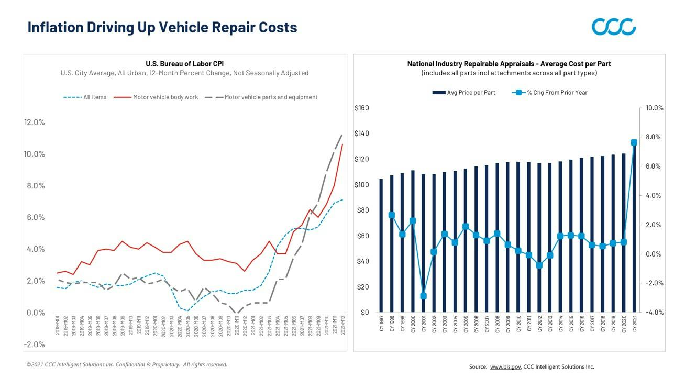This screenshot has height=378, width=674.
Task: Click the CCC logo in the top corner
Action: click(x=614, y=27)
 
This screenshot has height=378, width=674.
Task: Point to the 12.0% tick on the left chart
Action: click(x=35, y=123)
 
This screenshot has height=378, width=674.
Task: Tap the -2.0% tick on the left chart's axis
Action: click(x=35, y=344)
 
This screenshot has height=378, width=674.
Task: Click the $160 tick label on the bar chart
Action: click(x=362, y=108)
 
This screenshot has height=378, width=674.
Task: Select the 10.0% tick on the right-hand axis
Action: click(x=654, y=108)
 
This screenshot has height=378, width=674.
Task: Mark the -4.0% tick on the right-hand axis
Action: click(x=654, y=313)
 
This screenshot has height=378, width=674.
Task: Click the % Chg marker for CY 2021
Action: click(x=634, y=142)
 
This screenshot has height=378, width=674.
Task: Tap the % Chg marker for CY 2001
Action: click(x=423, y=296)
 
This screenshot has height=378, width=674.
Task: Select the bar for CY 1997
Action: click(x=381, y=246)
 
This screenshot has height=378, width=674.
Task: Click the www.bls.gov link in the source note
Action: click(x=505, y=367)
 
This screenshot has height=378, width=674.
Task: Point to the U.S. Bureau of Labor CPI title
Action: click(x=184, y=64)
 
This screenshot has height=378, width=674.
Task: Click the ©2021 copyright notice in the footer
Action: click(x=127, y=365)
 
